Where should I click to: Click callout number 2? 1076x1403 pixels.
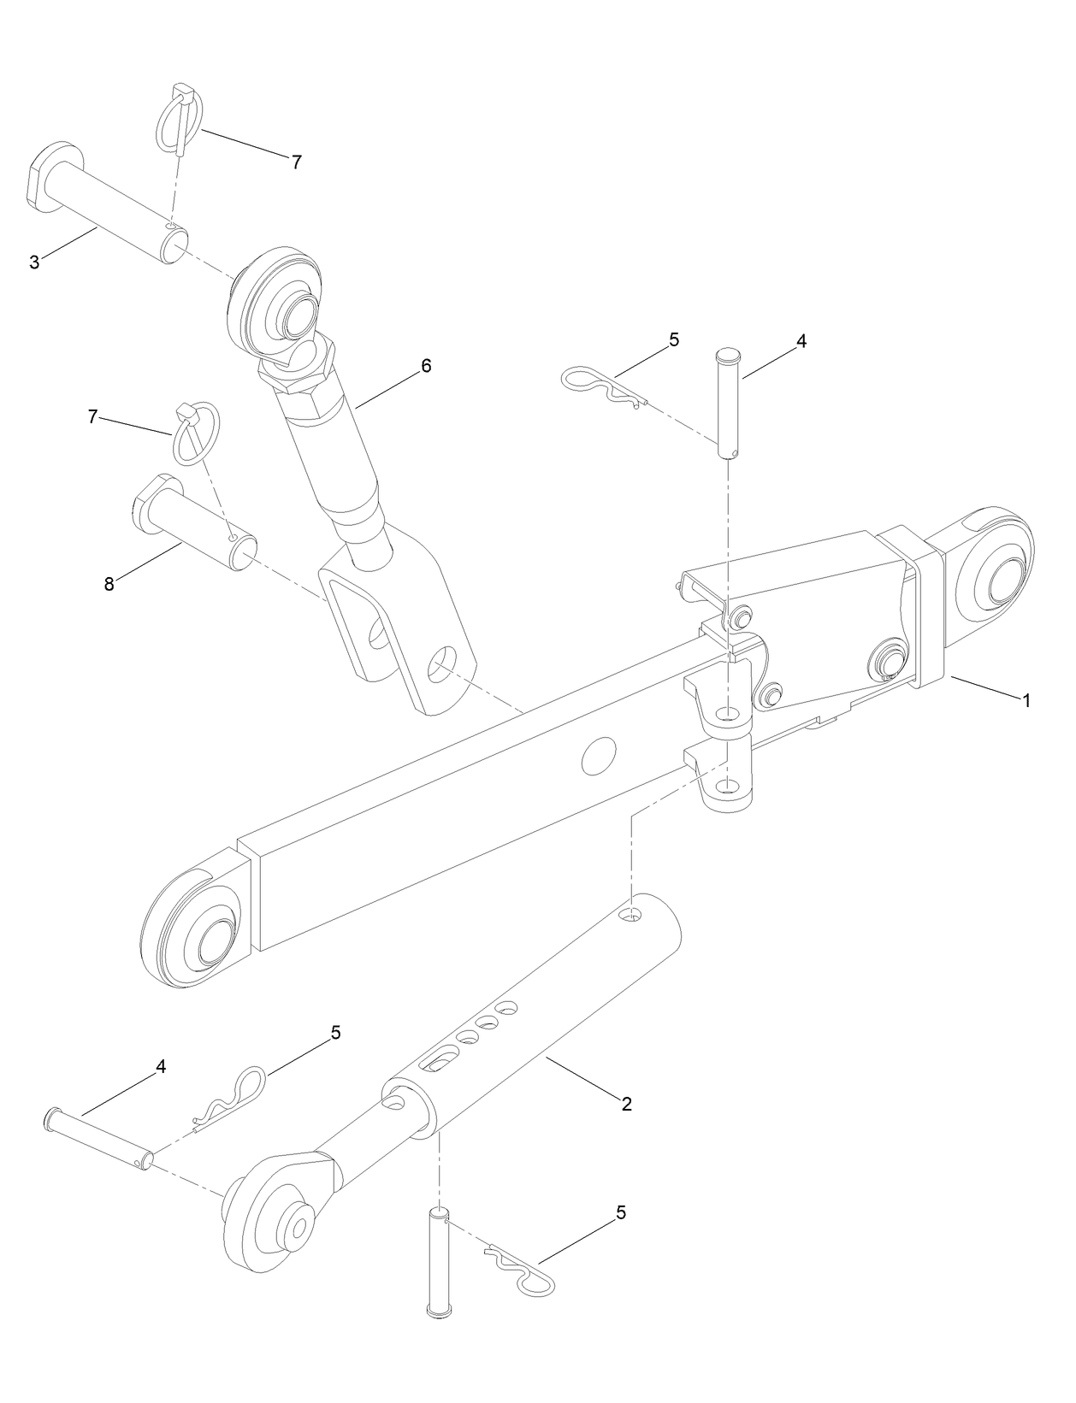626,1104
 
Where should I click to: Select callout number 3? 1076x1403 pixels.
34,262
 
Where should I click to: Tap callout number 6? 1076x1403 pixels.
426,366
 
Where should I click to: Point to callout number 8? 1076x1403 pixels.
109,585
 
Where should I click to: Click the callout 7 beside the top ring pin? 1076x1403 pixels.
296,162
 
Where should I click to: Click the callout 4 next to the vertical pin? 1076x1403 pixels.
801,341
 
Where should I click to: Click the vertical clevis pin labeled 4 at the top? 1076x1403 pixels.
727,402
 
